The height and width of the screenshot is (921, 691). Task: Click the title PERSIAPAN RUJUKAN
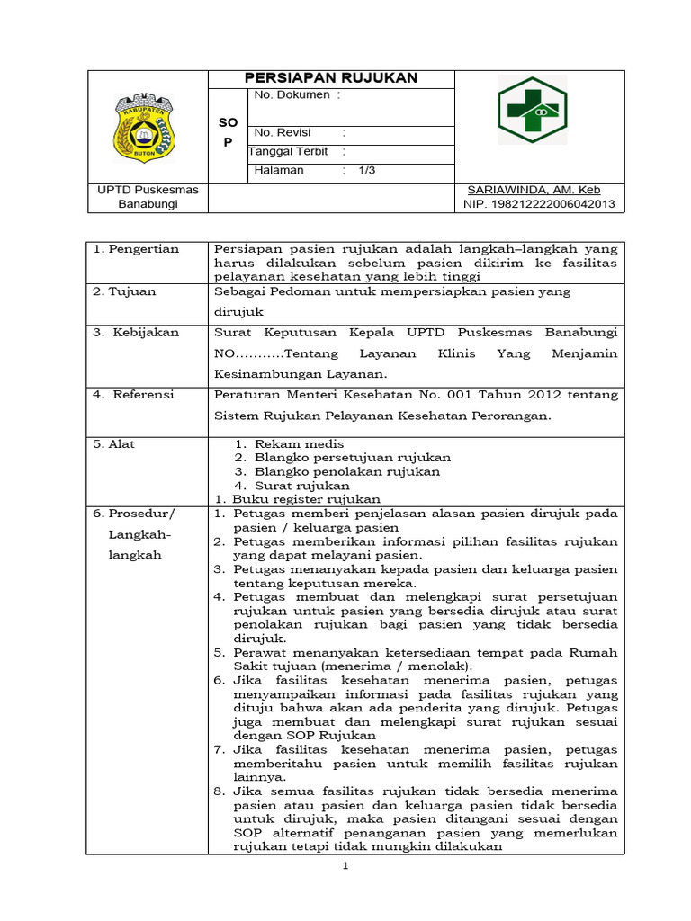(331, 78)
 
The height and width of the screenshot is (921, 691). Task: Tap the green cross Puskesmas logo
(533, 110)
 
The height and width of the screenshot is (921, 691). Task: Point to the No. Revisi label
(282, 132)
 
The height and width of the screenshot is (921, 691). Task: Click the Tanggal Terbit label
(289, 151)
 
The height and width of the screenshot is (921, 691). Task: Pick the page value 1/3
(367, 170)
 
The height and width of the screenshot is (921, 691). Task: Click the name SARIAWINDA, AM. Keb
(534, 190)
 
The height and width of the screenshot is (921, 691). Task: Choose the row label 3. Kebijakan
(136, 332)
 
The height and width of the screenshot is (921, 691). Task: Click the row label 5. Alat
(115, 443)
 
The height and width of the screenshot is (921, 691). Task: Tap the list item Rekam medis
(299, 443)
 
